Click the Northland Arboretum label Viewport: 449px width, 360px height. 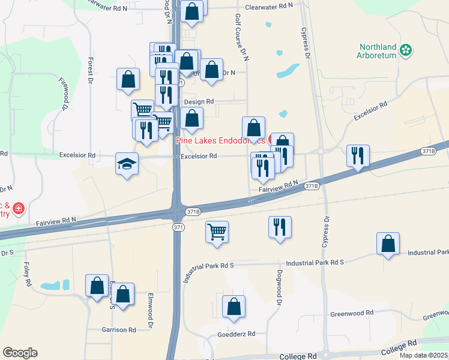click(x=378, y=51)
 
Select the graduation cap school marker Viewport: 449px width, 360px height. click(x=127, y=164)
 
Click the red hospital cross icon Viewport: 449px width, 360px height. click(x=19, y=208)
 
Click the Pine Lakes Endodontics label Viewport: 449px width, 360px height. click(x=220, y=140)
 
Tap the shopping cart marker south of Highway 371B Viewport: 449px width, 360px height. click(x=217, y=231)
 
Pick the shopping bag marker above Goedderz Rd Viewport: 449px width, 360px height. click(x=234, y=307)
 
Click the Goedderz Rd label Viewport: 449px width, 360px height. click(x=236, y=334)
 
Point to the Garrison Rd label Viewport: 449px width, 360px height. click(x=119, y=329)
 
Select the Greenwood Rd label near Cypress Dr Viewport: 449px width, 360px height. click(x=352, y=313)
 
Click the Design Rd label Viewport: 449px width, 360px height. click(x=199, y=102)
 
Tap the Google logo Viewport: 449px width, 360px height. click(x=20, y=353)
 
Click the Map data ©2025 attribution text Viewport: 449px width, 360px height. click(x=424, y=355)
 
